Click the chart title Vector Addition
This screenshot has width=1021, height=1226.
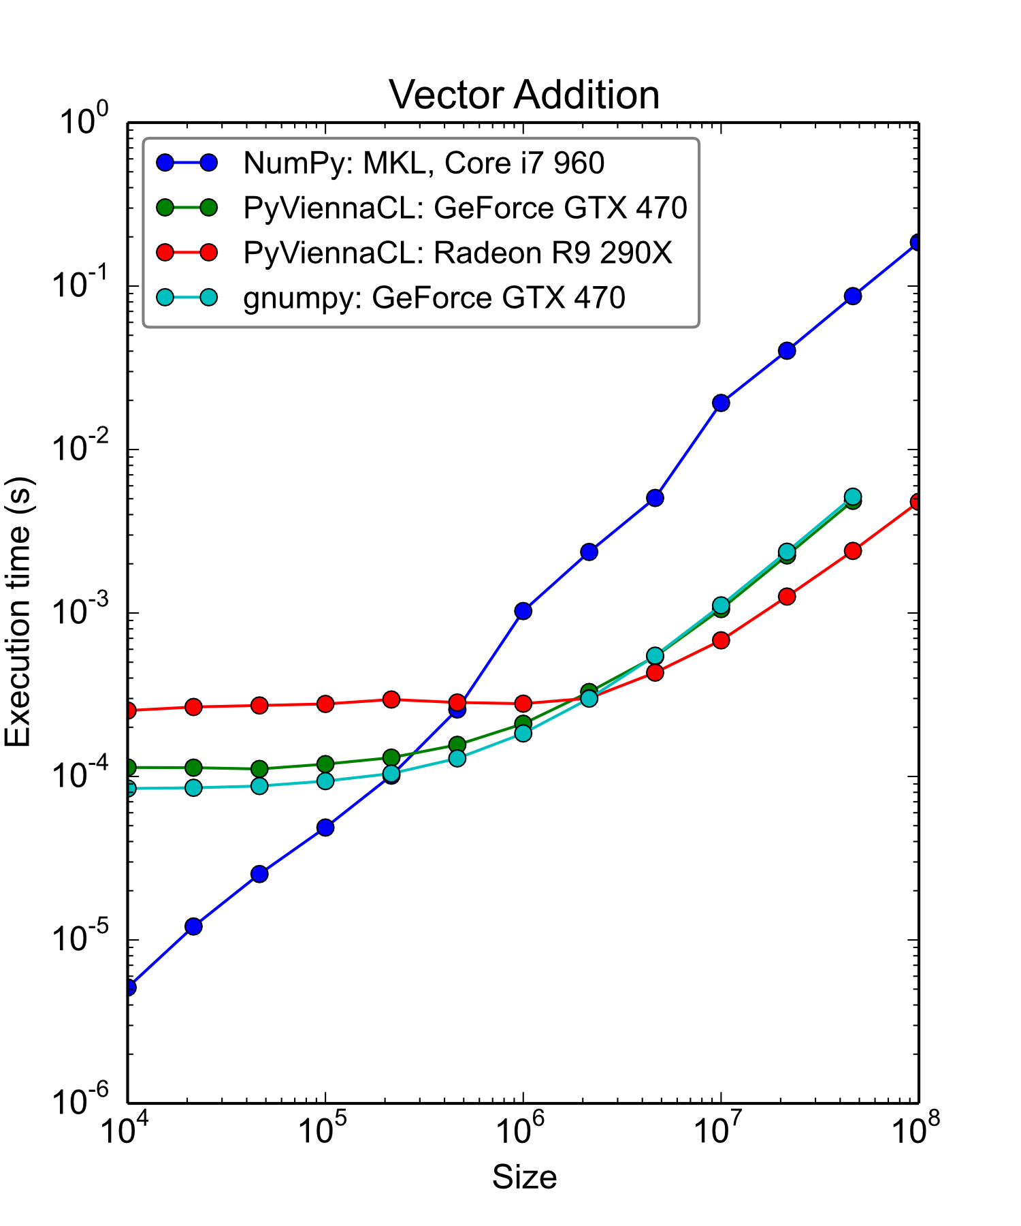click(x=524, y=95)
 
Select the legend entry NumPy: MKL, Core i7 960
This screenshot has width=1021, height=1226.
click(x=423, y=163)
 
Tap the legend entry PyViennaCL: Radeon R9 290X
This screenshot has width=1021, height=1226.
click(x=457, y=253)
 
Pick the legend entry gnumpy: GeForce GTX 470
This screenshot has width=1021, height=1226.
click(x=434, y=298)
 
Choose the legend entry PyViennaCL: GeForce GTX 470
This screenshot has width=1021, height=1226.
click(x=465, y=208)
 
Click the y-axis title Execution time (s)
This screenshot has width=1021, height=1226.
click(x=18, y=612)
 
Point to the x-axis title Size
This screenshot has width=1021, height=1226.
click(x=524, y=1177)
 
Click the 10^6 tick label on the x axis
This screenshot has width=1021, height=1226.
click(x=523, y=1131)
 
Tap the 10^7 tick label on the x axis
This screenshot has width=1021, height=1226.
click(x=721, y=1131)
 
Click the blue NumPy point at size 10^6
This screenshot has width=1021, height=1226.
click(x=523, y=611)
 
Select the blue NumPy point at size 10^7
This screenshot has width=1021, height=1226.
click(x=721, y=403)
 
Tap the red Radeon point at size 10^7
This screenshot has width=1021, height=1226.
click(x=721, y=640)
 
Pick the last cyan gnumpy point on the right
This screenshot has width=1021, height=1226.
click(x=853, y=497)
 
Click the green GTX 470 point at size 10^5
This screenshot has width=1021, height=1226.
click(x=325, y=764)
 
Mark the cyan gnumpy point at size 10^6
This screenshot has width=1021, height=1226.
click(x=523, y=733)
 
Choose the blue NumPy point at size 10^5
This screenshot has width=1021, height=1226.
click(x=325, y=828)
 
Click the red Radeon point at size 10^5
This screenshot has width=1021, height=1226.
click(x=325, y=704)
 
